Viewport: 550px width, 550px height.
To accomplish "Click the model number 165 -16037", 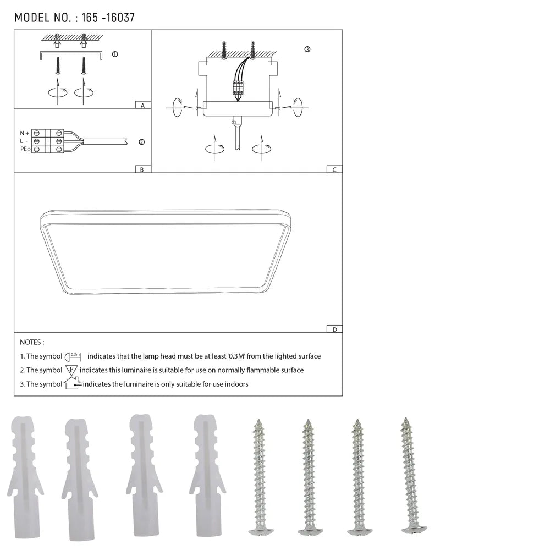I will pos(108,18).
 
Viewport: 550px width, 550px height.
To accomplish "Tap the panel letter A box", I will pos(142,105).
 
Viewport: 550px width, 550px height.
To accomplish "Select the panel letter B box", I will pos(142,169).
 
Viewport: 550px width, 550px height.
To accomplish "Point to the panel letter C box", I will pos(334,169).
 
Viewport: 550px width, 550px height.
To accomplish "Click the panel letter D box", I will pos(334,329).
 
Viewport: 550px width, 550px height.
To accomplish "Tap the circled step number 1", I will pos(114,54).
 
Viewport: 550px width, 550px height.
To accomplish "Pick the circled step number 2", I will pos(141,142).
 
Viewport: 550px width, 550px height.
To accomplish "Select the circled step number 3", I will pos(307,50).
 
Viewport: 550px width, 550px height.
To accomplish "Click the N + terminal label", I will pos(24,133).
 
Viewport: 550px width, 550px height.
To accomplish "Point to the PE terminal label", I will pos(25,149).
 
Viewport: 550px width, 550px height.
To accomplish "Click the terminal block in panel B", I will pos(48,141).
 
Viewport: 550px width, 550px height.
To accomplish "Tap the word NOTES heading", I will pos(32,342).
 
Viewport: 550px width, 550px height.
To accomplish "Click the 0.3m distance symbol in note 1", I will pos(74,356).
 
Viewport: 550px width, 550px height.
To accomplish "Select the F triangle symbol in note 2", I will pos(71,370).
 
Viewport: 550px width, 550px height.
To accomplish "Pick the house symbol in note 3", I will pos(72,383).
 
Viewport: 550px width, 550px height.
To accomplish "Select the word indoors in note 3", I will pos(236,384).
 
